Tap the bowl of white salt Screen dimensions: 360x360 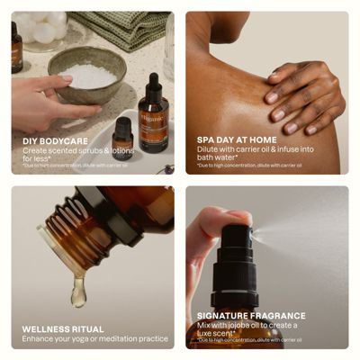click(x=91, y=75)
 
